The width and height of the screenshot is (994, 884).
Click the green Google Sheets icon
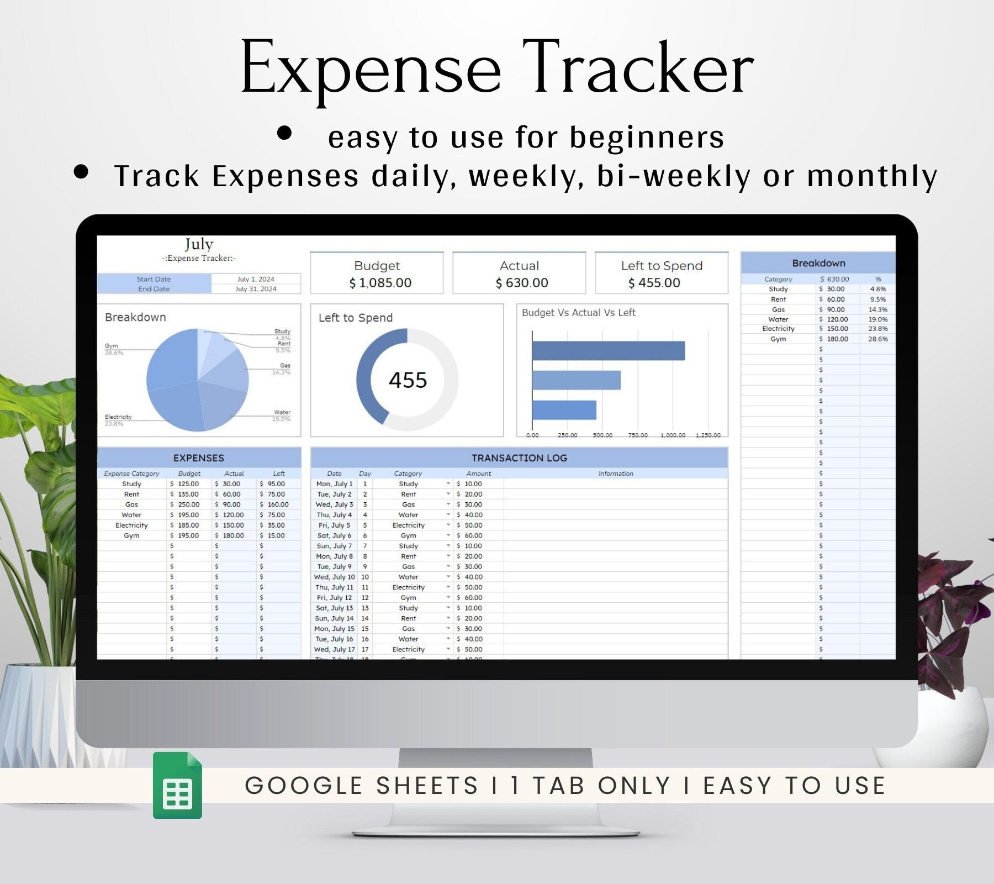[177, 785]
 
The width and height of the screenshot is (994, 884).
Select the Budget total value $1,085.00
[380, 283]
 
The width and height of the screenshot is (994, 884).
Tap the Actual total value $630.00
[522, 283]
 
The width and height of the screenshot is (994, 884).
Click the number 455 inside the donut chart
[408, 380]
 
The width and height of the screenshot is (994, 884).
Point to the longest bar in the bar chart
[608, 351]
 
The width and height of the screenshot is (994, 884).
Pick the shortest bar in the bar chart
[564, 410]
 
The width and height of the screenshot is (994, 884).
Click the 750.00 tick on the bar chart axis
[638, 435]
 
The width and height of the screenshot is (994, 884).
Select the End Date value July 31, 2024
[256, 289]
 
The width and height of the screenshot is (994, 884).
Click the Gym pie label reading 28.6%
[114, 352]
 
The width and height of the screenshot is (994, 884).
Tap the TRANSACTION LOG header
[519, 458]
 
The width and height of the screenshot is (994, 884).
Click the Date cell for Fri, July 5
[334, 525]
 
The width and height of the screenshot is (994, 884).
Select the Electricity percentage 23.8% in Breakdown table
[877, 329]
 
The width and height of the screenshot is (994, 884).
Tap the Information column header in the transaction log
[616, 473]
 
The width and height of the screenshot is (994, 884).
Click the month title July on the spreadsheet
[199, 244]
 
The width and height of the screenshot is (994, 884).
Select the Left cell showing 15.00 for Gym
[276, 536]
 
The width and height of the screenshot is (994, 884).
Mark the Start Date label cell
[154, 279]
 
